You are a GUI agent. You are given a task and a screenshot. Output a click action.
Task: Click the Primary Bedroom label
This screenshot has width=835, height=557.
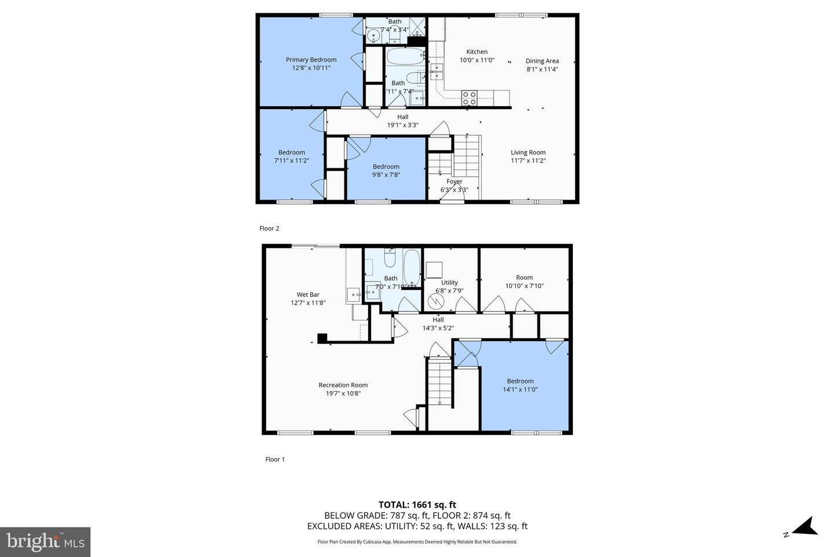point(311,60)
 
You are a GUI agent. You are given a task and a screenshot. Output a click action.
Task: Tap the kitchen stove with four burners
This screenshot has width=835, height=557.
point(469,98)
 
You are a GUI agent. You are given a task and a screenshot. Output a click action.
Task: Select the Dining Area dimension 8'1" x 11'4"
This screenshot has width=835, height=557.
point(542,69)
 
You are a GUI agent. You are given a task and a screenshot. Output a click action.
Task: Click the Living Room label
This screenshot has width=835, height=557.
point(528,153)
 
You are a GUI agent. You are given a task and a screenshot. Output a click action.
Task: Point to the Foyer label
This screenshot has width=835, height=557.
point(454,182)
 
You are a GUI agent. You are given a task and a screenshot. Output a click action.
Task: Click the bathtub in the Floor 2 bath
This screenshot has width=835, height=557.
point(405,57)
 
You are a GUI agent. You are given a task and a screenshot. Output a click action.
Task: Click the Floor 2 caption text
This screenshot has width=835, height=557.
point(269,229)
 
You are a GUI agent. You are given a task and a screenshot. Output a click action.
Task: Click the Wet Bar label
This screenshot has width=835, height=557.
point(308,295)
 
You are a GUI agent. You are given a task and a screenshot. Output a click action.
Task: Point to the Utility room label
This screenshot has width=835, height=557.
point(449,283)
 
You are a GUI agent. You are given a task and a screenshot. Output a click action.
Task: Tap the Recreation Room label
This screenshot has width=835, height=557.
point(343,385)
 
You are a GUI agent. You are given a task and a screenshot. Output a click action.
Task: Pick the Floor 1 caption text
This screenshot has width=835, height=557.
point(275,460)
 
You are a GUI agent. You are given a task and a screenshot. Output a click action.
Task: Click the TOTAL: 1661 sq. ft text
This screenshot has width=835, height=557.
point(417,505)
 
